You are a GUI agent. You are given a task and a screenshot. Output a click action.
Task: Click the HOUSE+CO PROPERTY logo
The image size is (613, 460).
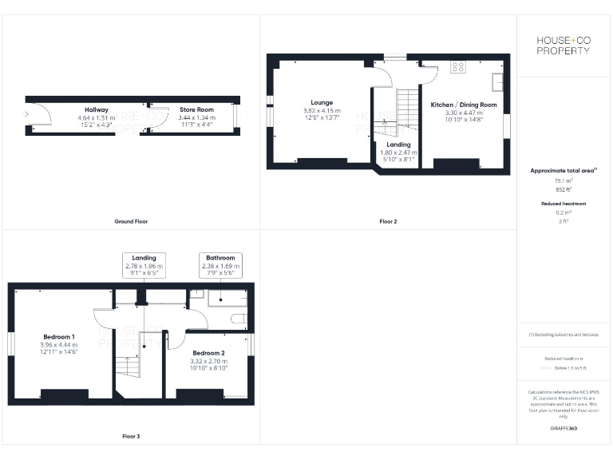pos(564,46)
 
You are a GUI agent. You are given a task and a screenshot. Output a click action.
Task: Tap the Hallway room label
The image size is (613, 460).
pos(97,110)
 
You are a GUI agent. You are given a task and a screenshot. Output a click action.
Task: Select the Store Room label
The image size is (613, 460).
pos(196,110)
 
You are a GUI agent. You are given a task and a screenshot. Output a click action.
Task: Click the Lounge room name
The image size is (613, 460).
pos(322,102)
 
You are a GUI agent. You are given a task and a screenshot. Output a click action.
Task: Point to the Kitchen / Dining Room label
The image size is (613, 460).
pos(464,105)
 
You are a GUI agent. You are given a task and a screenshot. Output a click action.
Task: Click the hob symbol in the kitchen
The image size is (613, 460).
pos(458,67)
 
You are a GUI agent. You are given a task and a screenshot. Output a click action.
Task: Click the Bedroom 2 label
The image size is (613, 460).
pos(208,353)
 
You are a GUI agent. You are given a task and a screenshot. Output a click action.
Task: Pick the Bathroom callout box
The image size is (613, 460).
pos(220,265)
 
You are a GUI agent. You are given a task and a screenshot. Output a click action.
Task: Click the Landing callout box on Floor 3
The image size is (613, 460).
pos(144,265)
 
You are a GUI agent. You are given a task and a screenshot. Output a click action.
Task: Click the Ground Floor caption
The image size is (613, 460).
pos(131,221)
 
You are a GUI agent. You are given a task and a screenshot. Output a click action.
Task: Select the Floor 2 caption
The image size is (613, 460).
pos(388,221)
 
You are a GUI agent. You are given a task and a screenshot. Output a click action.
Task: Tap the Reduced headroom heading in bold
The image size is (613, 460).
pos(564,204)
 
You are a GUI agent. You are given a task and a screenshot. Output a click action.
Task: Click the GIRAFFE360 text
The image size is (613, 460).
pos(564,429)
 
